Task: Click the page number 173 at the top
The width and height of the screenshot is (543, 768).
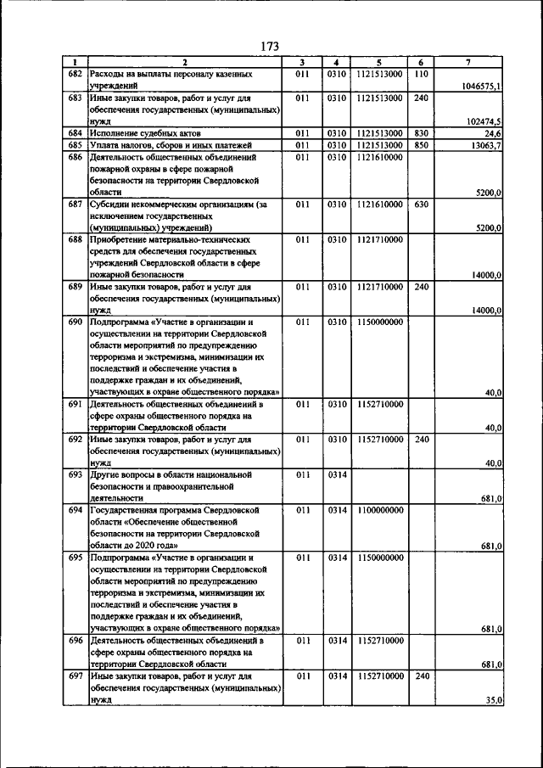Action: pyautogui.click(x=271, y=46)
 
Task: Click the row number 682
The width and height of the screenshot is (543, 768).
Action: pyautogui.click(x=75, y=75)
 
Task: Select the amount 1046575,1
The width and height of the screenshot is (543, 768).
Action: pyautogui.click(x=482, y=87)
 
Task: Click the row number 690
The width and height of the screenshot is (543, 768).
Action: pyautogui.click(x=75, y=322)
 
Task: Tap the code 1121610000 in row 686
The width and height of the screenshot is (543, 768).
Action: pyautogui.click(x=379, y=157)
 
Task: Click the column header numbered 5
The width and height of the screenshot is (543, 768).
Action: pyautogui.click(x=379, y=62)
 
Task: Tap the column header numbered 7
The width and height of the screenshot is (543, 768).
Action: pyautogui.click(x=469, y=62)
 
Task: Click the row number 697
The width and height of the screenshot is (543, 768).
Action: pyautogui.click(x=75, y=676)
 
